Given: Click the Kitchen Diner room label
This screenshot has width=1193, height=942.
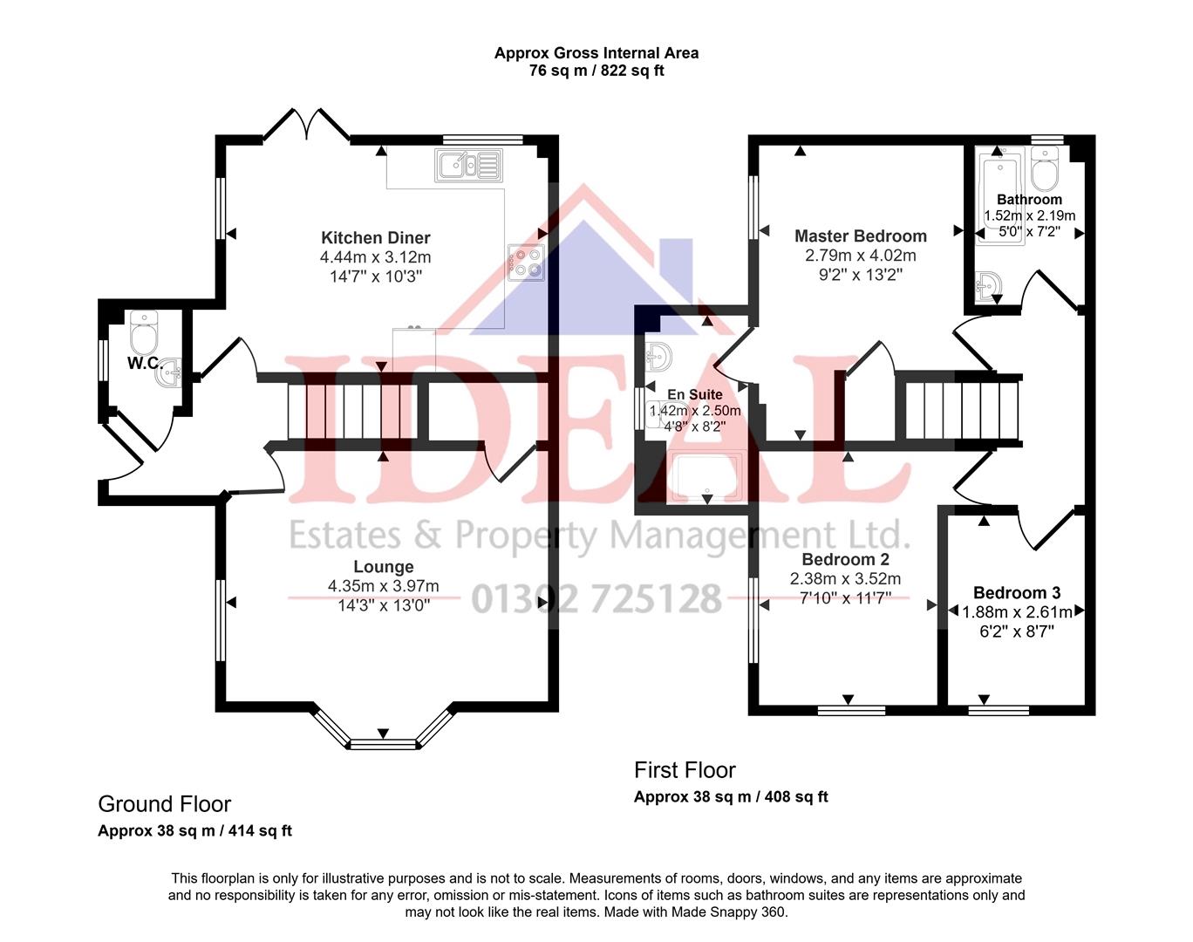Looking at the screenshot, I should [375, 237].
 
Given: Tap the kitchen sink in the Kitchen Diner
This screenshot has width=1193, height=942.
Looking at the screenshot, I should [469, 165].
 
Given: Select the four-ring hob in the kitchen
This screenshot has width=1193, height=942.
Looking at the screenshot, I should [527, 262].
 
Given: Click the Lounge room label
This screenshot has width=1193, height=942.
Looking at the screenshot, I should [384, 567].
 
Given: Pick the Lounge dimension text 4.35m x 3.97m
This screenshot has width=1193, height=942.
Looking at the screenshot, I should [384, 586].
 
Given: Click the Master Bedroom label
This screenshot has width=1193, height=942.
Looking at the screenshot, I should [860, 235].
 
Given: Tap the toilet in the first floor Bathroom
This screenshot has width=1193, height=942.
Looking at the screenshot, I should [1044, 168].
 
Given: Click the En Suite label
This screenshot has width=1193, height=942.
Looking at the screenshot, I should [695, 394].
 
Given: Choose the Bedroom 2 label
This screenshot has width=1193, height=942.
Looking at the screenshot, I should [845, 559].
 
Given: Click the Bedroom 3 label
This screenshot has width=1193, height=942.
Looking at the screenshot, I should [1017, 593].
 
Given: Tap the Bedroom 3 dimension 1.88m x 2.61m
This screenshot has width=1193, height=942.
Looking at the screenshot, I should [1017, 612].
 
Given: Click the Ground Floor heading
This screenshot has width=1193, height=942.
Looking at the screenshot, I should [164, 803].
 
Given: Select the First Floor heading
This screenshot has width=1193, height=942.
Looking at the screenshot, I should [685, 770].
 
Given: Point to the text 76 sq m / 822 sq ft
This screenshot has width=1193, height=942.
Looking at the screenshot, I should [596, 72].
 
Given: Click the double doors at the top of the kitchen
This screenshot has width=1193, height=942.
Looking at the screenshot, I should [306, 126].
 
